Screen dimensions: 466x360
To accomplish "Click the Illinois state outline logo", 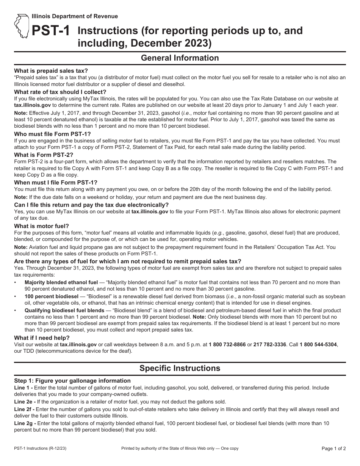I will tap(22, 27).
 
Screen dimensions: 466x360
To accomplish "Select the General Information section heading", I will tap(180, 58).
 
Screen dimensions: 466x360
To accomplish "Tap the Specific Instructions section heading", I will tap(180, 368).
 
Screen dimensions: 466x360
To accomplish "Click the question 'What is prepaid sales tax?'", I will tap(51, 71).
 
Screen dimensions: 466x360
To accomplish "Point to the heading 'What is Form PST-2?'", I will tap(44, 155).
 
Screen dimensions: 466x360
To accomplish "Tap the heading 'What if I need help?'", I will tap(42, 338).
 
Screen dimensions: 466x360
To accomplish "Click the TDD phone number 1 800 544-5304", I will tap(318, 345).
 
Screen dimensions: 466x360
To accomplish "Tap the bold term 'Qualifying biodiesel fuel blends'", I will tap(64, 310).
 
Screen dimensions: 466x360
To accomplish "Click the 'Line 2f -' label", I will tap(25, 409).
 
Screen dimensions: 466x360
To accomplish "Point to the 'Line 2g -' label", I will tap(25, 423).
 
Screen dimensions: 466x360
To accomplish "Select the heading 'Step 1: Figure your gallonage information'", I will tap(72, 381).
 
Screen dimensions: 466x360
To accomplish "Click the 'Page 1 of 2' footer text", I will tap(333, 449).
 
